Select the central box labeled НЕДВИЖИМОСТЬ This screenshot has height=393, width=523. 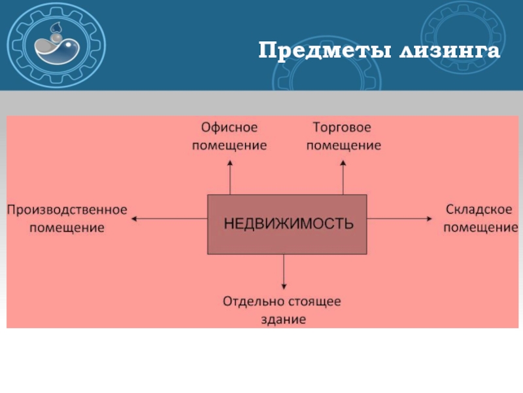pos(287,224)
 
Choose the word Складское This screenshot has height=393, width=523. pos(479,210)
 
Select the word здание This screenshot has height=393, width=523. pos(283,320)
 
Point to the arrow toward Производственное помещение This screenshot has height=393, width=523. pos(170,219)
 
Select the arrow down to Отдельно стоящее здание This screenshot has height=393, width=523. pos(284,272)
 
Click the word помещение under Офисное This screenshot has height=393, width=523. pos(229,145)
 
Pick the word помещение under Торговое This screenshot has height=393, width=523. pos(343,145)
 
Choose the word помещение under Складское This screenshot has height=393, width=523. pos(481,227)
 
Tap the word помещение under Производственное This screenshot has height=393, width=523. pos(67,227)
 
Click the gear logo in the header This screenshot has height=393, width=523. pos(59,45)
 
